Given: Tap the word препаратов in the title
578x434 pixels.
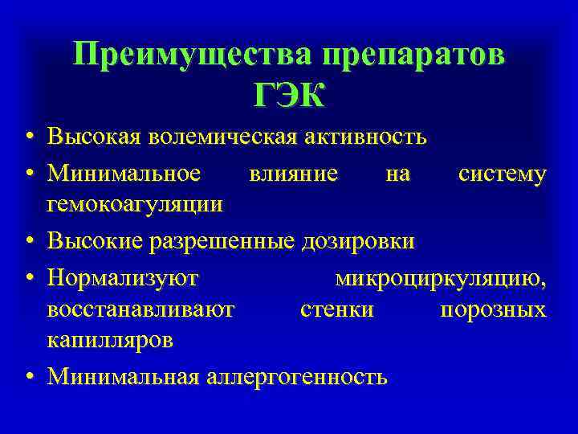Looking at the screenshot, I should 414,55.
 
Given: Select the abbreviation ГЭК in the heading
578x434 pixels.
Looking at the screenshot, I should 289,96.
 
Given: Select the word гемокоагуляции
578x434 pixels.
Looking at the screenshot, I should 135,204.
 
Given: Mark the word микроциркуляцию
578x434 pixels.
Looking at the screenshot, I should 441,278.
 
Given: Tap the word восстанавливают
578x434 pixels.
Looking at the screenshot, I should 141,309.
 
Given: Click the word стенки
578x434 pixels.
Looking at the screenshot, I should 336,309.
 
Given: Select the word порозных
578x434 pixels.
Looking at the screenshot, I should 494,309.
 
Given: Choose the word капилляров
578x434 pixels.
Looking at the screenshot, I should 109,340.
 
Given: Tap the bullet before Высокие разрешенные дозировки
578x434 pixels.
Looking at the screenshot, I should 27,240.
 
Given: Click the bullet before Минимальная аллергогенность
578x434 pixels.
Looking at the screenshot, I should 27,376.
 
